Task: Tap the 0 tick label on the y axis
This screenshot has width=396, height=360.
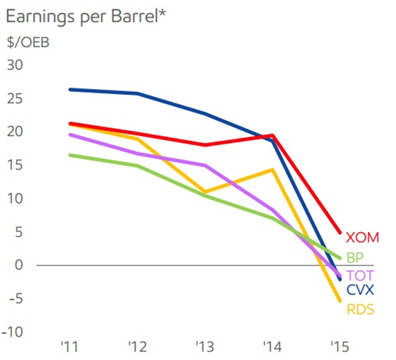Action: [x=19, y=265]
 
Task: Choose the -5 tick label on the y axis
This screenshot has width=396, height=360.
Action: [x=16, y=298]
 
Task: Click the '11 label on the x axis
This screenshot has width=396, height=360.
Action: [x=69, y=347]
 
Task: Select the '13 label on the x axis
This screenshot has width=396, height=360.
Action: [x=204, y=347]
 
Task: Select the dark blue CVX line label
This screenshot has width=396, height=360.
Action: [x=361, y=290]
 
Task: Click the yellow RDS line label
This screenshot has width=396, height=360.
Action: [x=360, y=309]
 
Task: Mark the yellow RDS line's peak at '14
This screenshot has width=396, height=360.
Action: [x=272, y=170]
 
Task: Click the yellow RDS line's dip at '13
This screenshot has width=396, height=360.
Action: [x=204, y=192]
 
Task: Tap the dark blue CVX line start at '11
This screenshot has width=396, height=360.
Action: [x=69, y=89]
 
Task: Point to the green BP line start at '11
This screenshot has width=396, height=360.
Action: [x=69, y=155]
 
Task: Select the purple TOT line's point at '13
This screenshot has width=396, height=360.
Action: [x=204, y=166]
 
